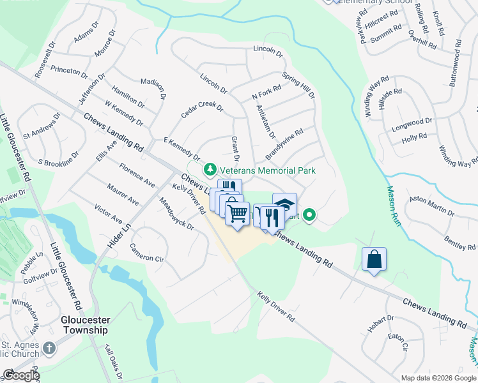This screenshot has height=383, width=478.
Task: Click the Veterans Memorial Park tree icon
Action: click(x=209, y=170)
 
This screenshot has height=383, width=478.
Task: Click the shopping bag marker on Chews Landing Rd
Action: click(x=374, y=260)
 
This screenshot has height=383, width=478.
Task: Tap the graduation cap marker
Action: click(x=284, y=204)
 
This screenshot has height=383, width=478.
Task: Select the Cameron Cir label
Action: click(x=146, y=253)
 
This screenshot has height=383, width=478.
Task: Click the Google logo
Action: click(x=21, y=376)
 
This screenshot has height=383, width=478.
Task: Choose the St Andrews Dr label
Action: click(x=42, y=127)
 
